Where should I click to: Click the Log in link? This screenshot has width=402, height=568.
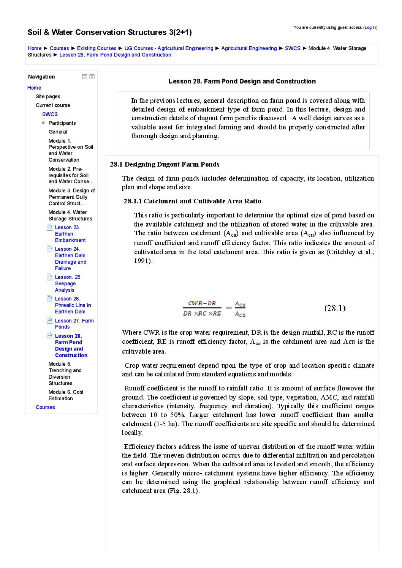coord(370,27)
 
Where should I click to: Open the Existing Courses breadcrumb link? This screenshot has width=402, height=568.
coord(97,48)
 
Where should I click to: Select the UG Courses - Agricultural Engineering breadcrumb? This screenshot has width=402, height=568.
coord(169,48)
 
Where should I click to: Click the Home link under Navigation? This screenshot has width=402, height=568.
coord(34,88)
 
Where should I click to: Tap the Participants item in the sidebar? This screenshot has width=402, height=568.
coord(62,123)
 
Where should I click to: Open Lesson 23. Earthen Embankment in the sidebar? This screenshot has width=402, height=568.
coord(70,234)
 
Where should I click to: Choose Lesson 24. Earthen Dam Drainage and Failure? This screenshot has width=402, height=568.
coord(70,258)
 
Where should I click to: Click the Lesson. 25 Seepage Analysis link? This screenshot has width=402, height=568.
coord(67,283)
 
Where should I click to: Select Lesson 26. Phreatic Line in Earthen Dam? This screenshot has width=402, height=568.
coord(73,305)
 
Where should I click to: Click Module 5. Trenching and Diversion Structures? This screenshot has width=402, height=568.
coord(65,373)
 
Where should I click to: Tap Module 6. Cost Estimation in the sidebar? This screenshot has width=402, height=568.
coord(66,395)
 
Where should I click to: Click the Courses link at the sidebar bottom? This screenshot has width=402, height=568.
coord(45,407)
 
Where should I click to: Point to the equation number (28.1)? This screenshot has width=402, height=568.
coord(335,308)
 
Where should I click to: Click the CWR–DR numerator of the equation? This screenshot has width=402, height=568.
coord(202,303)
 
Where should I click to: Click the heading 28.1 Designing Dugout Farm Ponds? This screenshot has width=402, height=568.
coord(165,164)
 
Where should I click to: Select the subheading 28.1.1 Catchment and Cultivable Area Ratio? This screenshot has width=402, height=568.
coord(192,201)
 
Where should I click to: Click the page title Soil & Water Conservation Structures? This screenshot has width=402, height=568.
coord(109,32)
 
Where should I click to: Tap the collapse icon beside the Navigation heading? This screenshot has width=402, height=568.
coord(85,77)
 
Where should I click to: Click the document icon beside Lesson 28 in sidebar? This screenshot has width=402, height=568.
coord(50,335)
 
